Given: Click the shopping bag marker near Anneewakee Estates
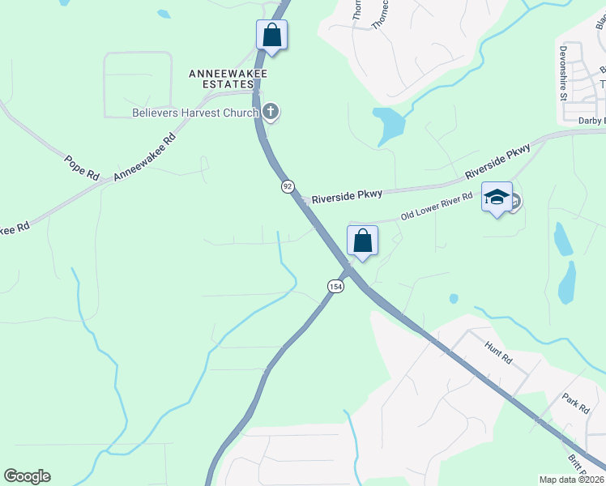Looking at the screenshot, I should pos(271,35).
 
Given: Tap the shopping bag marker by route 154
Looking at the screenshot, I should pos(363,241).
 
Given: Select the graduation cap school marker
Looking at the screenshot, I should pos(497,197).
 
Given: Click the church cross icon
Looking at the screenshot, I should pos(271,112).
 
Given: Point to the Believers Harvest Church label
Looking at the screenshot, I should pos(194,113).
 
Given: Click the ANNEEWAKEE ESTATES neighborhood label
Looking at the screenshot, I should pos(228,79).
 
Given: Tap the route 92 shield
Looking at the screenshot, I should pos(288,186).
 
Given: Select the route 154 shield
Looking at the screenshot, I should pos(335,287).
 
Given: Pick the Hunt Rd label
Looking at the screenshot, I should pos(498,352).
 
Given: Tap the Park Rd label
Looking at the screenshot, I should pos(575,403).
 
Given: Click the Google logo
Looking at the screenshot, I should pos(27,476).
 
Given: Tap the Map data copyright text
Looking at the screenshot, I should pos(572,480).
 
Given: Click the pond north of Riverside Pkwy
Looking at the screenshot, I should pos(389,123).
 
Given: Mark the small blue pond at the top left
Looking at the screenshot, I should pos(164,14).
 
